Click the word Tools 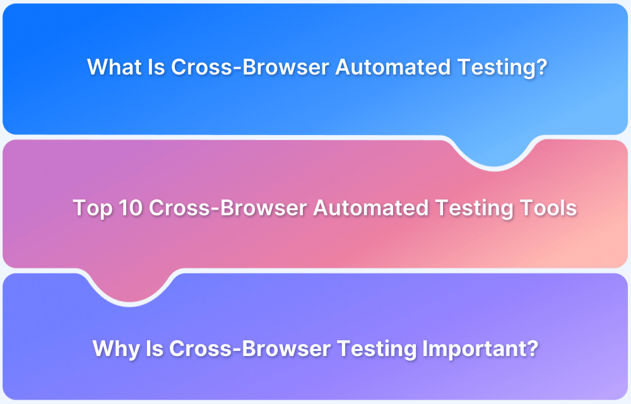pyautogui.click(x=549, y=208)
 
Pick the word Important pyautogui.click(x=476, y=348)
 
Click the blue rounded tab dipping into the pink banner pyautogui.click(x=494, y=151)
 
